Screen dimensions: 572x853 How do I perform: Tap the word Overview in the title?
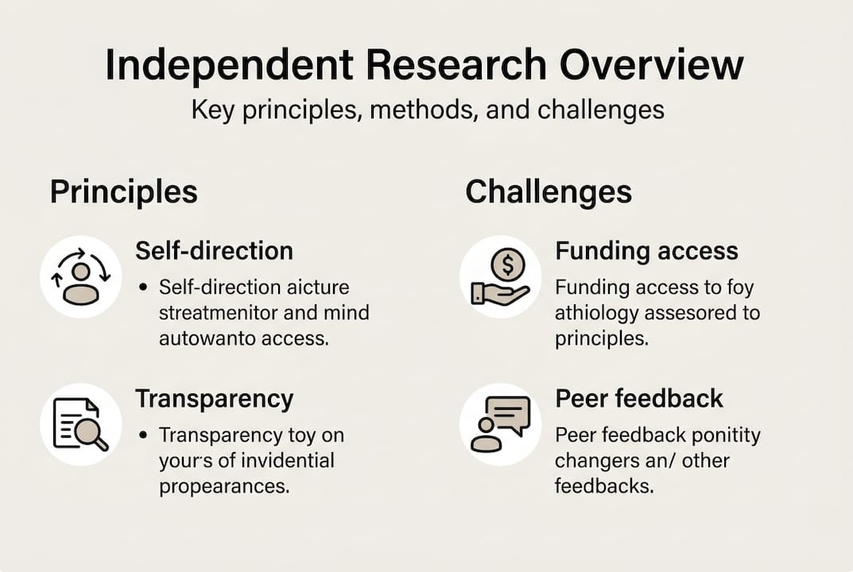(651, 67)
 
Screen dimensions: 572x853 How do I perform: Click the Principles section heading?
(124, 192)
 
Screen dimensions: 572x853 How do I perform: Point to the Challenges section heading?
(549, 192)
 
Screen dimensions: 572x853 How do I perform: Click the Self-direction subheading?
(214, 251)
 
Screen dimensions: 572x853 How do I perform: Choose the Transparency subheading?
(214, 398)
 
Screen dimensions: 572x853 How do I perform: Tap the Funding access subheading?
(646, 251)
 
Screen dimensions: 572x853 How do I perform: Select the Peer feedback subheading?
(639, 398)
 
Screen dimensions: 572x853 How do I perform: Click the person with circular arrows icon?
(80, 276)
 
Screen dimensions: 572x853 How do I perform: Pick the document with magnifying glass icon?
(80, 424)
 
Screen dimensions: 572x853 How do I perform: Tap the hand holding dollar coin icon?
(500, 276)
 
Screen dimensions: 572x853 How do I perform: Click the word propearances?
(223, 485)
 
